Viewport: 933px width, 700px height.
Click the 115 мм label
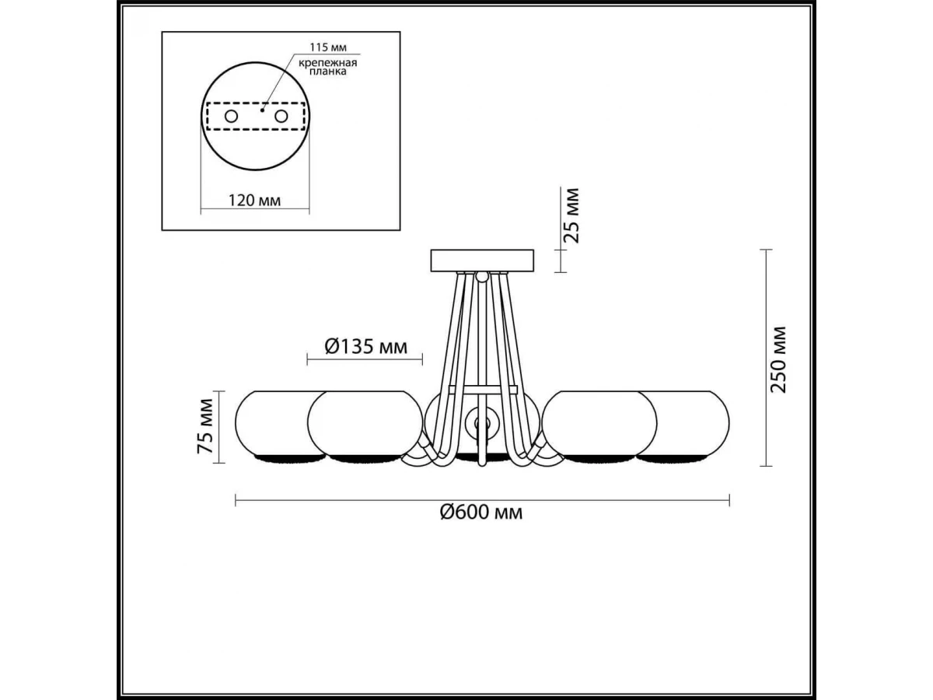328,47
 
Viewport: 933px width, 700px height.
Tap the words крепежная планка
327,67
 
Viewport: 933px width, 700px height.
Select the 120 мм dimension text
254,200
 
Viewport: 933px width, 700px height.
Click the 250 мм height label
779,359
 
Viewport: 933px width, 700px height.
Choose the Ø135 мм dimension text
365,347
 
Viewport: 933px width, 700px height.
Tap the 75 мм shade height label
205,427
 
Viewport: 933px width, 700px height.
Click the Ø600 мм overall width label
481,513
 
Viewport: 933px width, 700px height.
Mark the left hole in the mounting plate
231,116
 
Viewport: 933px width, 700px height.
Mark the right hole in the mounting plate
281,116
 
